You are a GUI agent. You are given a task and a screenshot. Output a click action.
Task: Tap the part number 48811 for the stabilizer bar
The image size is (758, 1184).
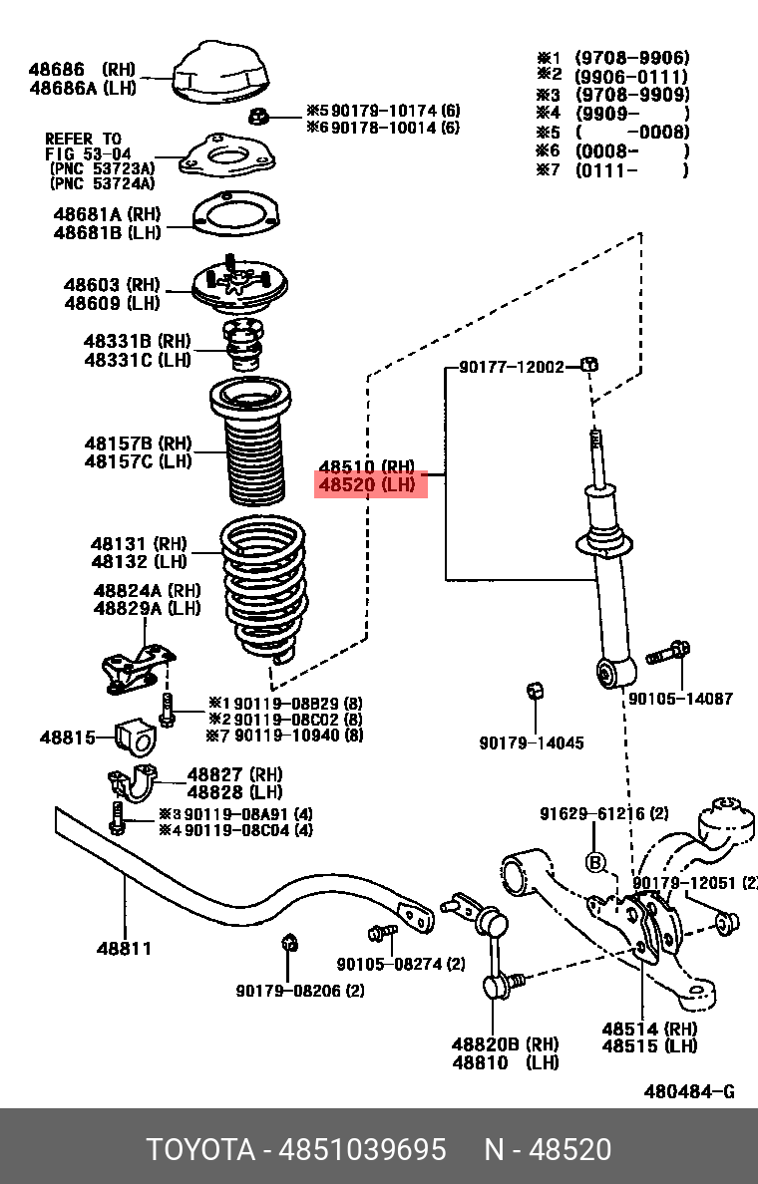125,948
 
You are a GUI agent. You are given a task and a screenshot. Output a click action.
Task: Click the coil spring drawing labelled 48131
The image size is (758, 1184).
263,588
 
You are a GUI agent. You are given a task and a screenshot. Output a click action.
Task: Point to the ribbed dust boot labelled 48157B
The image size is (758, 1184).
249,448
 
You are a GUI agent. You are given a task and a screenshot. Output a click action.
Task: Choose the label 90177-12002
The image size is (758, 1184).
512,368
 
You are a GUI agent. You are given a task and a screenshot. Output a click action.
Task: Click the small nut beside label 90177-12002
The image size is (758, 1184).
588,366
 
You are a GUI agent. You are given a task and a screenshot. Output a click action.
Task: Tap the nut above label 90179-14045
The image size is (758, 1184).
534,692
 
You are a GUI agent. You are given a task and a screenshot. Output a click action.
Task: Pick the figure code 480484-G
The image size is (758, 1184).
689,1091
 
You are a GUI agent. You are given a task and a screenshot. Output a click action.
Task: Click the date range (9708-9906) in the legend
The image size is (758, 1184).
632,58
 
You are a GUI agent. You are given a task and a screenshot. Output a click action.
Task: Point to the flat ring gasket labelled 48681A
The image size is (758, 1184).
230,213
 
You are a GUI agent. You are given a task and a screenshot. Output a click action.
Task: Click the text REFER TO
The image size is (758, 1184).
83,139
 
